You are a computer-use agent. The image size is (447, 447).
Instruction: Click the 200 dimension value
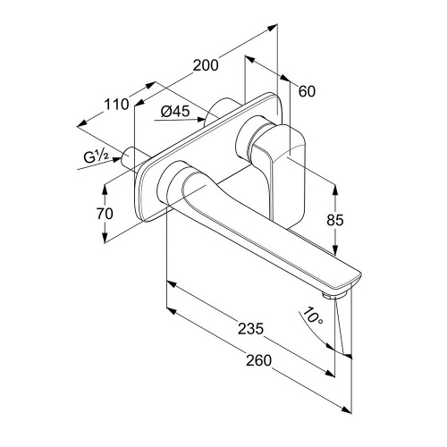[206, 65]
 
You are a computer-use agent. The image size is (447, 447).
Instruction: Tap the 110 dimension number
[116, 105]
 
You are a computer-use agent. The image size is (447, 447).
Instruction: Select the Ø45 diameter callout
[175, 112]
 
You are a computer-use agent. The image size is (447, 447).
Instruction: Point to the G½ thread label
[96, 156]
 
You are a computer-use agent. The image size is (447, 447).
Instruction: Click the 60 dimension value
[307, 91]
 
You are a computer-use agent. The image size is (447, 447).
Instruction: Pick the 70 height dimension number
[105, 214]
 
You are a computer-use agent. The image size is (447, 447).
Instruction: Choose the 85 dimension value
[335, 220]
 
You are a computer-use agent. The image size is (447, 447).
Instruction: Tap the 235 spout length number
[250, 329]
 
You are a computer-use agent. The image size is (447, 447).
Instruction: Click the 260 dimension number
[258, 360]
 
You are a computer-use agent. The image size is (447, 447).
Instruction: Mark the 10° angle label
[312, 316]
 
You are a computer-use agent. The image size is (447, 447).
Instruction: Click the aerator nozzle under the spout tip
[334, 295]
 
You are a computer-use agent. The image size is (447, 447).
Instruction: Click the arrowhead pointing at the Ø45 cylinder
[201, 120]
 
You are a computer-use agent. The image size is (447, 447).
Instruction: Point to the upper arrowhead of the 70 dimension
[105, 189]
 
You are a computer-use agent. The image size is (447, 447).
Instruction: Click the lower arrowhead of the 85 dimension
[335, 250]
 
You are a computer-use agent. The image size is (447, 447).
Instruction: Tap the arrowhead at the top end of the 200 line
[273, 28]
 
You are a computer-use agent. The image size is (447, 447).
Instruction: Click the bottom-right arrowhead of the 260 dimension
[347, 409]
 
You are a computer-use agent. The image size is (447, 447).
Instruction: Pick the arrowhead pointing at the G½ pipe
[117, 160]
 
